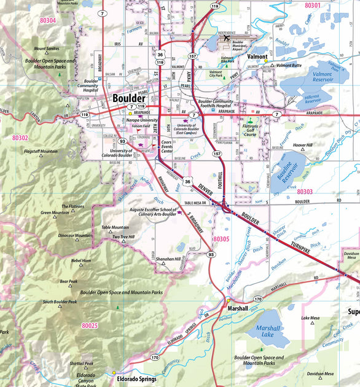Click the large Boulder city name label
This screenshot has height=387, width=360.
coord(128,98)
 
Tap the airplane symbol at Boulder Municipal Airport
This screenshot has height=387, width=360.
coord(227,38)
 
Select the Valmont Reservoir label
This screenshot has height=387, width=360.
coord(323,77)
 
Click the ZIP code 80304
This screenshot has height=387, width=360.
coord(47,20)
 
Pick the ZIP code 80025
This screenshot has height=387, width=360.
coord(90,325)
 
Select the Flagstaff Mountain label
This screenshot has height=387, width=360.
coord(41,151)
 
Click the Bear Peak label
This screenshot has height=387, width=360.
coord(68,282)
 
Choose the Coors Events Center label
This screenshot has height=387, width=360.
coord(166,147)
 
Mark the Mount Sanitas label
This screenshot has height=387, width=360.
coord(47,49)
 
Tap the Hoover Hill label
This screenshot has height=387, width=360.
coord(303,145)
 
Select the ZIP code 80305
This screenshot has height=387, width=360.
coord(221,238)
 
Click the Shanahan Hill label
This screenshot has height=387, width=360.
coord(168,259)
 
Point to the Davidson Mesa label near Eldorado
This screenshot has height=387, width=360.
coord(321,373)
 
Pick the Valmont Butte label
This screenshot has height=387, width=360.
coord(289,65)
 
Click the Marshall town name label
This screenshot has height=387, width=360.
coord(238,308)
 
